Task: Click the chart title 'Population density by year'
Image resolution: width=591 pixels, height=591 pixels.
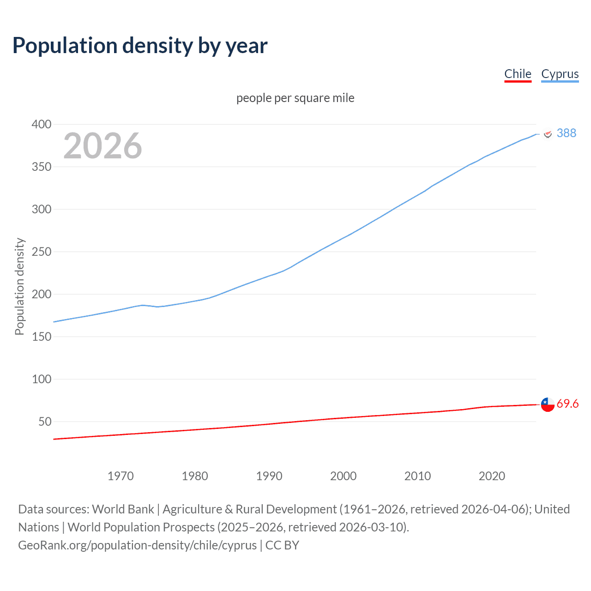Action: click(x=140, y=46)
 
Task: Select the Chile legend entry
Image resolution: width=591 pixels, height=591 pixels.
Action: click(x=518, y=74)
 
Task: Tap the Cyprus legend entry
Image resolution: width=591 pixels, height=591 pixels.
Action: click(x=560, y=74)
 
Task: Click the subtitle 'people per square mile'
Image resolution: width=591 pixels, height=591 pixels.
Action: click(x=295, y=98)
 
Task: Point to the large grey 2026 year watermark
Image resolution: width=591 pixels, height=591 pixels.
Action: click(x=103, y=146)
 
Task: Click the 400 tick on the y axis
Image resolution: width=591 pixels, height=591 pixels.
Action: click(x=41, y=124)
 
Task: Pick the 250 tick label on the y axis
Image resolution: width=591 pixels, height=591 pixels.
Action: click(x=41, y=252)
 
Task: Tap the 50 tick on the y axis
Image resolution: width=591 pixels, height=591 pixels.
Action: click(x=44, y=422)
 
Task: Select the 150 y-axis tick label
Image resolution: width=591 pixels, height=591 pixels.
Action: click(x=41, y=337)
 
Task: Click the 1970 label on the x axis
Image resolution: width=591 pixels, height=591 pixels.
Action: click(x=121, y=476)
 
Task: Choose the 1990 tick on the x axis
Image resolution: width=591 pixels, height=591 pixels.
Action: click(x=269, y=476)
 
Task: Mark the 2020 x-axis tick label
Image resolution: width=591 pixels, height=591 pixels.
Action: click(x=492, y=476)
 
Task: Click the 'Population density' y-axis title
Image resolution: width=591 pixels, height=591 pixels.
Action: click(x=19, y=286)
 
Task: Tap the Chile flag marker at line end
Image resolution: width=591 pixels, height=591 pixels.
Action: click(x=548, y=404)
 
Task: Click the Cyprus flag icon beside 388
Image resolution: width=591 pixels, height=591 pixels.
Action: click(x=548, y=133)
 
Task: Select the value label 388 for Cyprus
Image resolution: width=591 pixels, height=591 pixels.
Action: click(x=567, y=133)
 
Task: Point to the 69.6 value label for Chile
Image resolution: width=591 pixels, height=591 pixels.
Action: click(x=567, y=404)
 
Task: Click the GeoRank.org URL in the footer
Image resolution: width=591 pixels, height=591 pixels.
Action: click(x=137, y=545)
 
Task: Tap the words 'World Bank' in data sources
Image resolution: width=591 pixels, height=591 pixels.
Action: click(x=123, y=509)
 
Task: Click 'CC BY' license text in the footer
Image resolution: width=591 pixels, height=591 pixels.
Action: click(x=282, y=545)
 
